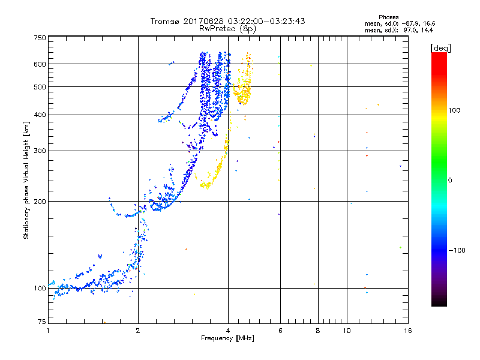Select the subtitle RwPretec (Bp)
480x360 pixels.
(227, 28)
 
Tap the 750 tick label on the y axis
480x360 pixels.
(40, 38)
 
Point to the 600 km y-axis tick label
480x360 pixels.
(40, 64)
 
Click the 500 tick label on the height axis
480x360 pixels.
(40, 87)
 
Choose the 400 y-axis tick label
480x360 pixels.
(40, 115)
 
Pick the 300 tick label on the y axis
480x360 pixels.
(40, 151)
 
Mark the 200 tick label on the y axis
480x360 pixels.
(40, 202)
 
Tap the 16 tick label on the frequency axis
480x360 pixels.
(407, 331)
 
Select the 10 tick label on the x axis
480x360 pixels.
(346, 331)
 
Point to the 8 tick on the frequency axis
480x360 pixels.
(318, 331)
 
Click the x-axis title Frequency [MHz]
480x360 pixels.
(227, 339)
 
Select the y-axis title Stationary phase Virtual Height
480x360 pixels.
(26, 180)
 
